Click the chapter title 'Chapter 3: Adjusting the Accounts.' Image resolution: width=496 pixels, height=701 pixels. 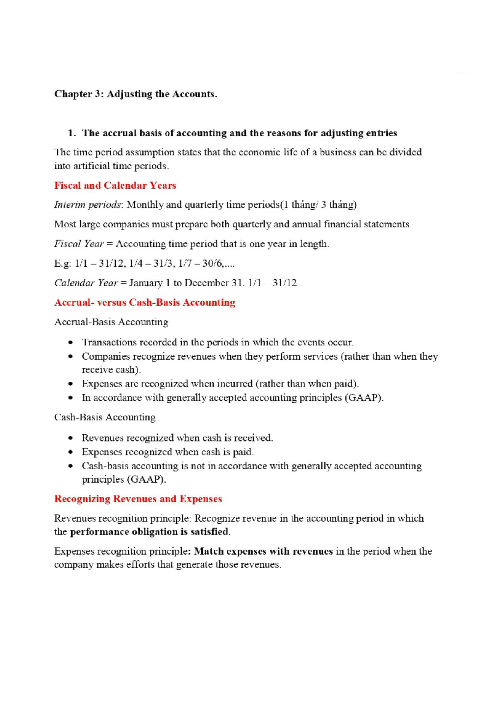pos(136,94)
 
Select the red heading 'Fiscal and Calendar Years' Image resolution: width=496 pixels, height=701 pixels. pos(115,185)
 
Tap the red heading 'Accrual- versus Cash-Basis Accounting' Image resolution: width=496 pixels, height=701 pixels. pos(145,303)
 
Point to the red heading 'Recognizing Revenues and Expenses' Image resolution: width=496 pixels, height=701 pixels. pos(138,499)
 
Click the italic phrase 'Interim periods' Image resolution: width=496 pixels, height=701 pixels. pos(88,205)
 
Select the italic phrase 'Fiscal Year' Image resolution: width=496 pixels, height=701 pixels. pos(79,244)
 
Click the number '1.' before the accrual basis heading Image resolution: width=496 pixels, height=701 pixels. pos(72,133)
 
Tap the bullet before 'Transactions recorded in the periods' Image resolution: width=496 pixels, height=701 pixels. pos(72,343)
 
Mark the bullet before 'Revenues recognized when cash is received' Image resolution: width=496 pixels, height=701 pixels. pos(72,438)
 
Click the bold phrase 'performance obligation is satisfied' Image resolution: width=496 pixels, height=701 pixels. pos(149,532)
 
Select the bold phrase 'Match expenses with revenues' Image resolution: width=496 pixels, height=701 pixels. pos(263,552)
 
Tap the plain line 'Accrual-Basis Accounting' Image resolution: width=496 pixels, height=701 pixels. pos(111,322)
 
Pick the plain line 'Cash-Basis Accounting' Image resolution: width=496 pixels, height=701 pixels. pos(105,417)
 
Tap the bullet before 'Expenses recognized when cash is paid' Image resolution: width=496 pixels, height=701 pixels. pos(72,452)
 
